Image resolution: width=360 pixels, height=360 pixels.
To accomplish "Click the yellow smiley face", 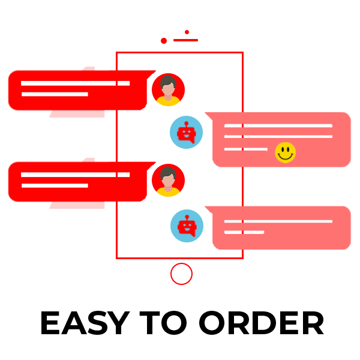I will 286,152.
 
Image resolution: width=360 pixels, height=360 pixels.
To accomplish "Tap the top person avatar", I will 168,90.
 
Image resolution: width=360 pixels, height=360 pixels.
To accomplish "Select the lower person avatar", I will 168,180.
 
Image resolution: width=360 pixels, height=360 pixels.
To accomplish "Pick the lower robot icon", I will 187,226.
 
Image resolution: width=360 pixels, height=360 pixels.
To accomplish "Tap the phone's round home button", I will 181,274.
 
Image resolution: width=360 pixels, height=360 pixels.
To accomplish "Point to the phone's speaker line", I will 185,40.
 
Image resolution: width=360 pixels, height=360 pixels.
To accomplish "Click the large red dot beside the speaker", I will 164,41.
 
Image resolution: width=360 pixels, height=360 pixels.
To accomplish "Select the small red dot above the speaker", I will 187,32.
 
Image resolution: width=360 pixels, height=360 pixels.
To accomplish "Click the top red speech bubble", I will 60,92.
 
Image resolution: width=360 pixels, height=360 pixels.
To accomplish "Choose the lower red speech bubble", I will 60,183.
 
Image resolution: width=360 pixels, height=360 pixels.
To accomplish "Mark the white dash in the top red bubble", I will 119,83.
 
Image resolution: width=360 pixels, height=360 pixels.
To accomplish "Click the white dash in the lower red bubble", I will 119,175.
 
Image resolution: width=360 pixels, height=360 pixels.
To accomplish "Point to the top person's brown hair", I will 168,80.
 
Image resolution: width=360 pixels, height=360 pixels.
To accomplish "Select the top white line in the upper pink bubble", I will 236,126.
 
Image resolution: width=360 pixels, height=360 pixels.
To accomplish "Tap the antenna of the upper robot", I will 187,122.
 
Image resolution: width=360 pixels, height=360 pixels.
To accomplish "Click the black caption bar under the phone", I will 182,323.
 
